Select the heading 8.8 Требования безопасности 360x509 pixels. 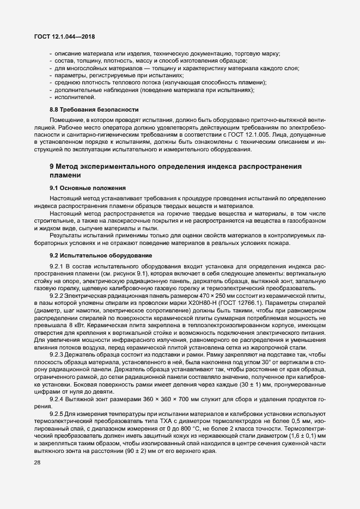[x=86, y=110]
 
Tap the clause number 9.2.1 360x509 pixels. [x=58, y=265]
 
